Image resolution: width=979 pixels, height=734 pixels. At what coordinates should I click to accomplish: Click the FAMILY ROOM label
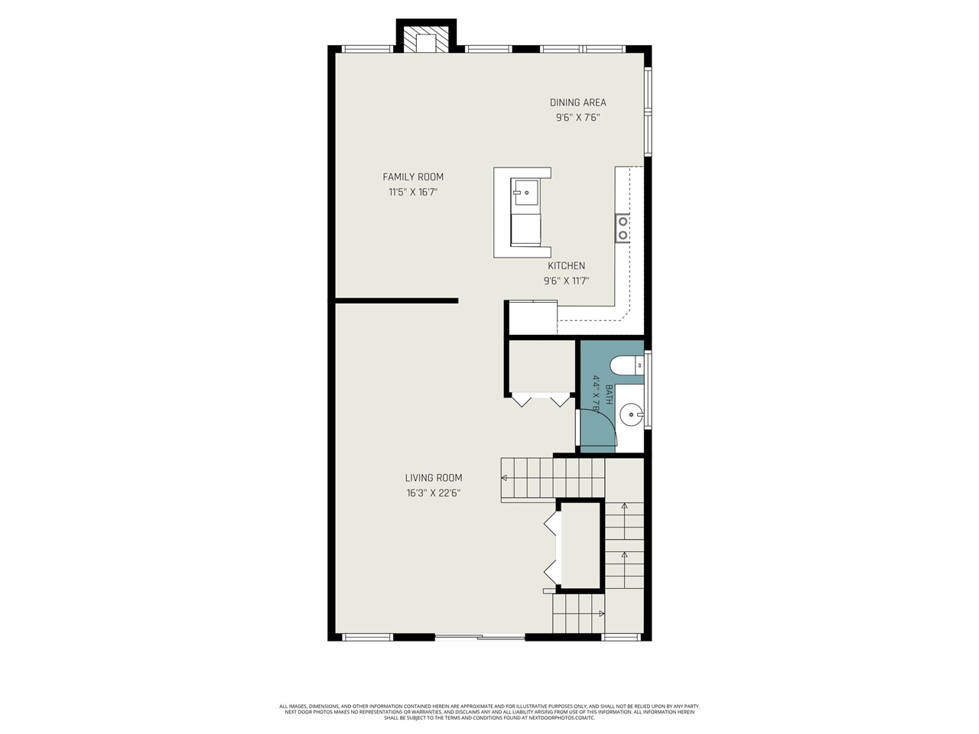click(x=413, y=177)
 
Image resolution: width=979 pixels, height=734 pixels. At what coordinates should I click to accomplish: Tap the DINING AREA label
click(x=577, y=102)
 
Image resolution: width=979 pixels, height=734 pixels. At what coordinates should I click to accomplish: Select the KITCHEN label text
click(x=566, y=266)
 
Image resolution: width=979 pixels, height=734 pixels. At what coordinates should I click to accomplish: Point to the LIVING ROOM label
click(x=433, y=478)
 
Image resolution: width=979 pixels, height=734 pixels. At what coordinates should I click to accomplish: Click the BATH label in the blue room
click(x=609, y=394)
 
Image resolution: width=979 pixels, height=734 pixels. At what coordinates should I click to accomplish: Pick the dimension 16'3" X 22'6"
click(x=433, y=493)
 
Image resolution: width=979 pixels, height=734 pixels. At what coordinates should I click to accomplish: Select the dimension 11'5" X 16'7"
click(x=413, y=192)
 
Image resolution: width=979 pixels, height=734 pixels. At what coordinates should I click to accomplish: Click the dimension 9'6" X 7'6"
click(x=577, y=118)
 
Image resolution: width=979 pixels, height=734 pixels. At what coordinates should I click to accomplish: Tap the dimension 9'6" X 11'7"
click(x=566, y=281)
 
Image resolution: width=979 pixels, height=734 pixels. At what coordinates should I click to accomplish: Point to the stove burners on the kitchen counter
click(x=623, y=228)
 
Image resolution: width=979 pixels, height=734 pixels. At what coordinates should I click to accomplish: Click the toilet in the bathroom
click(x=628, y=366)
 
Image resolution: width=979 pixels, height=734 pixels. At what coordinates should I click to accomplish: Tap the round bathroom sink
click(x=631, y=416)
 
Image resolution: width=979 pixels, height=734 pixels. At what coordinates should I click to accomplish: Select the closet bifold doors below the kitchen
click(x=541, y=399)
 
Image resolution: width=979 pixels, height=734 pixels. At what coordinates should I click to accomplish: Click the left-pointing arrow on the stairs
click(x=505, y=478)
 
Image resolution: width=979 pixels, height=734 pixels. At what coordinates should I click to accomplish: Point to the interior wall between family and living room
click(x=396, y=300)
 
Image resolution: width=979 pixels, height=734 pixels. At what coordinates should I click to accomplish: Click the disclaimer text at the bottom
click(x=489, y=712)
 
